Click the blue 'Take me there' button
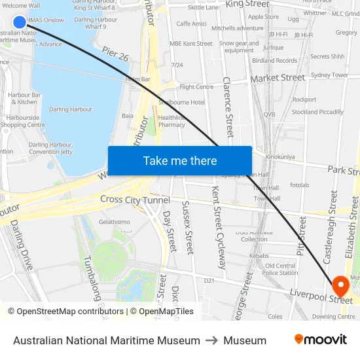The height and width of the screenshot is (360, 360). pyautogui.click(x=180, y=161)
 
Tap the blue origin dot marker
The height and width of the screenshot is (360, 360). pyautogui.click(x=20, y=22)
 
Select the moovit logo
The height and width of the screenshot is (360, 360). pyautogui.click(x=321, y=340)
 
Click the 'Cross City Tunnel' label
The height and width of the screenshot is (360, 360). pyautogui.click(x=135, y=200)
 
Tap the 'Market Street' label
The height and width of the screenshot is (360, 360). pyautogui.click(x=278, y=78)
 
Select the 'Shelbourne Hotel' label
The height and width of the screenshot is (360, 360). pyautogui.click(x=181, y=103)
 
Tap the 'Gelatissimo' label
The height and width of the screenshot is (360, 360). pyautogui.click(x=114, y=222)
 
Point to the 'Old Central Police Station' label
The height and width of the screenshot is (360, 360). pyautogui.click(x=281, y=269)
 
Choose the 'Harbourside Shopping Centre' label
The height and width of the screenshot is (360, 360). pyautogui.click(x=23, y=121)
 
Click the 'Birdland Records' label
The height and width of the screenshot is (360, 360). pyautogui.click(x=274, y=61)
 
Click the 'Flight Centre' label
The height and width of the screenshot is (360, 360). pyautogui.click(x=196, y=87)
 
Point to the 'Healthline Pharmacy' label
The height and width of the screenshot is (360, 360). pyautogui.click(x=171, y=121)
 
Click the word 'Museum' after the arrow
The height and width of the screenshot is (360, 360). pyautogui.click(x=245, y=340)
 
